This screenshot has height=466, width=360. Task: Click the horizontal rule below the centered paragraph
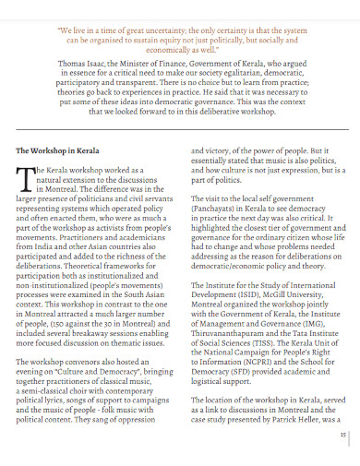[179, 130]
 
